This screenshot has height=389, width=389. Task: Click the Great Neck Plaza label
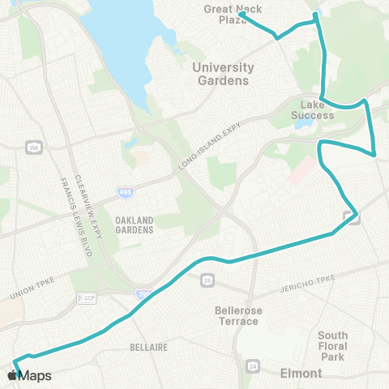pos(220,15)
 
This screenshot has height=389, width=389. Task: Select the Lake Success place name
pos(313,109)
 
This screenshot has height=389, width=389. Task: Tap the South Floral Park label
pos(333,346)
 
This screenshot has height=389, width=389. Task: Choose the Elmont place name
pos(301,374)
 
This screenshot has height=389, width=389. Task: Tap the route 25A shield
pos(32,147)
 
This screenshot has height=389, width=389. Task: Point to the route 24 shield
pos(253,366)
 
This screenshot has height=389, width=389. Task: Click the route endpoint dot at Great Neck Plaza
pos(242,14)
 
